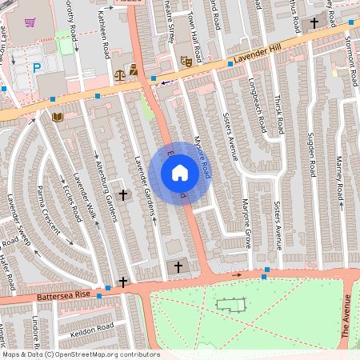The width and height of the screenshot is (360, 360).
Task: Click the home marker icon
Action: tap(180, 173)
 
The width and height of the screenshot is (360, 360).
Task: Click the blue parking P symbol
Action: tap(36, 67)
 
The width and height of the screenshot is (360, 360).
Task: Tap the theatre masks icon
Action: tap(185, 59)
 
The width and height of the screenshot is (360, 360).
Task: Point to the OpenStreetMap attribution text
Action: tap(80, 354)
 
